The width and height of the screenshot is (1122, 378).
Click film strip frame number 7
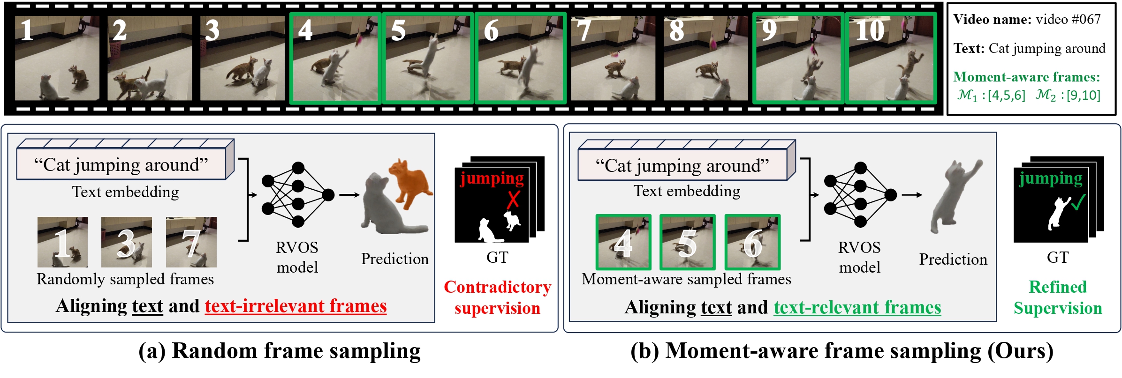tap(613, 58)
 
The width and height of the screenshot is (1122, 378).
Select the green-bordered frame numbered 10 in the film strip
tap(890, 58)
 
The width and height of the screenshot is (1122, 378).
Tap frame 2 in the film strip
tap(150, 58)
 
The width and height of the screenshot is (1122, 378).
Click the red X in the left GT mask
tap(513, 199)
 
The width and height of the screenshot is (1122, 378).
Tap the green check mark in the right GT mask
tap(1078, 203)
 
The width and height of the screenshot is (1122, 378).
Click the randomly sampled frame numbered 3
tap(127, 242)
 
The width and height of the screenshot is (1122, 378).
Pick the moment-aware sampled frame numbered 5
tap(687, 242)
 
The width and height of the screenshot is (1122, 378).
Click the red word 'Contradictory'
tap(497, 287)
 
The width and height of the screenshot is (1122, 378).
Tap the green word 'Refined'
tap(1057, 287)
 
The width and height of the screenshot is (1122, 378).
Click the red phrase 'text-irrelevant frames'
tap(296, 306)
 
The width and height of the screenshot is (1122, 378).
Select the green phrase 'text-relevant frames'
tap(857, 308)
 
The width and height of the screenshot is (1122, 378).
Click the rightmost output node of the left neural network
tap(328, 195)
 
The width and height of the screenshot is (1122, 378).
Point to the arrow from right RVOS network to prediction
tap(911, 195)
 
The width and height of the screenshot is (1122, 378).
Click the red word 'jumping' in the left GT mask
tap(492, 178)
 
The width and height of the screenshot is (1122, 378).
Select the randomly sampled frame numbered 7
tap(191, 242)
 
